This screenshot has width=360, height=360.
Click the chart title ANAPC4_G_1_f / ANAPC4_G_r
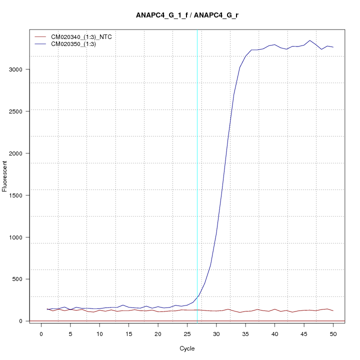[x=187, y=15]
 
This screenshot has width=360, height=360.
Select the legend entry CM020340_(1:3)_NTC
[x=85, y=37]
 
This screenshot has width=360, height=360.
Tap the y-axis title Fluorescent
[x=5, y=175]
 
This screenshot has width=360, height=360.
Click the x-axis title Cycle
[x=187, y=348]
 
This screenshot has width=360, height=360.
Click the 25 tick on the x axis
[x=187, y=334]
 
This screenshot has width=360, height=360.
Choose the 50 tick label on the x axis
[x=333, y=334]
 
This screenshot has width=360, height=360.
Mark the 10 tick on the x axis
[x=99, y=334]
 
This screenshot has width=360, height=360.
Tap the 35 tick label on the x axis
[x=245, y=334]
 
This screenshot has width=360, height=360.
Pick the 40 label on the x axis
[x=274, y=334]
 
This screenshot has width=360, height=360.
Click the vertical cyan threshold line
[x=197, y=175]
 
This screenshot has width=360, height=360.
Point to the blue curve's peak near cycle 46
[x=310, y=40]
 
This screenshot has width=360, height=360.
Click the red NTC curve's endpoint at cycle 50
[x=333, y=311]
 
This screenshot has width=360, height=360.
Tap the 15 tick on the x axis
[x=128, y=334]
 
